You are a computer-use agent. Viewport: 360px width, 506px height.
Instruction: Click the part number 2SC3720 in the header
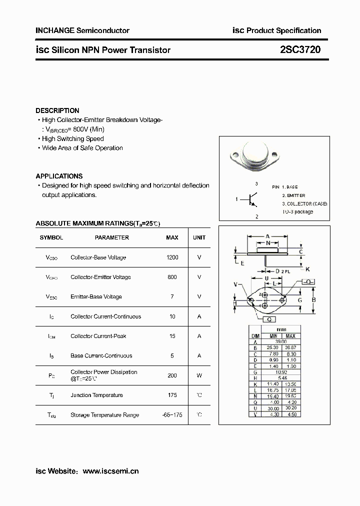click(x=300, y=49)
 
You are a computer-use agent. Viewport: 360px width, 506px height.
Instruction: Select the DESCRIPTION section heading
click(x=57, y=110)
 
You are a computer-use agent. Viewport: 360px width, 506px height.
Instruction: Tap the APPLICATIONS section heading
click(x=59, y=176)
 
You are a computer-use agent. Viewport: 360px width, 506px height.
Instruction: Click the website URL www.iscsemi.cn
click(x=110, y=471)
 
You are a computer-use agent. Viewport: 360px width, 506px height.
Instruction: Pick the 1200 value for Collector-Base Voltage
click(x=172, y=257)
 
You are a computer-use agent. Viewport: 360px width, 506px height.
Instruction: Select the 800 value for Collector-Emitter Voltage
click(x=172, y=277)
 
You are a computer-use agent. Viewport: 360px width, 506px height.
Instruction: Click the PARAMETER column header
click(x=112, y=237)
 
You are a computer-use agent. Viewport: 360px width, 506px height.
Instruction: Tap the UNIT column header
click(x=199, y=237)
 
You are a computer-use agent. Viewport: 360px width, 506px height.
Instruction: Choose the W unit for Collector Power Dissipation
click(x=199, y=375)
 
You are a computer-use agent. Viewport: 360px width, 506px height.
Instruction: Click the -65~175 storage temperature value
click(x=172, y=415)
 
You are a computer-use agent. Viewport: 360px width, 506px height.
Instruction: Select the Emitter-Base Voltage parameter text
click(x=96, y=296)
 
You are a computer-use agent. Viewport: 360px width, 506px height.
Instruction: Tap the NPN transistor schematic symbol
click(x=252, y=200)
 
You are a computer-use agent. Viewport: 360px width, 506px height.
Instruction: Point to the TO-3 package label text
click(x=297, y=211)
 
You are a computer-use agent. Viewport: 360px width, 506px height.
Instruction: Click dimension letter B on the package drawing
click(x=313, y=300)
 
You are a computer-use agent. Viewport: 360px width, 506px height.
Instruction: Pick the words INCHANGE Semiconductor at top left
click(x=82, y=30)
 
